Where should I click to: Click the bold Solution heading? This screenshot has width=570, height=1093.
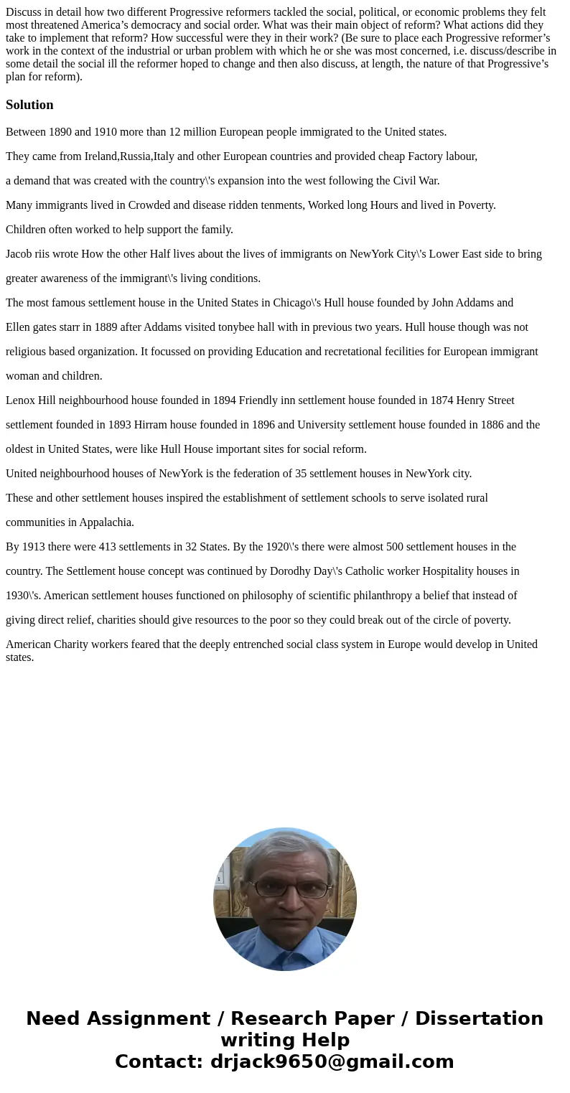pos(29,105)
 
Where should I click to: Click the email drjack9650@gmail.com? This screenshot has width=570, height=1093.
pos(332,1061)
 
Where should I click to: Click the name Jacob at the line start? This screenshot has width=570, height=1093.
pos(19,254)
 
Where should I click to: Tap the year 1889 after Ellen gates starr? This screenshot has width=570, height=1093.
pos(115,327)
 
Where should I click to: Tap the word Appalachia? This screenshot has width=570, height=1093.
pos(106,522)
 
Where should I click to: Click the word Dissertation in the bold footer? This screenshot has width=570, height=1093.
pos(479,1018)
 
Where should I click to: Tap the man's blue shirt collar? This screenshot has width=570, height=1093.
pos(284,945)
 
